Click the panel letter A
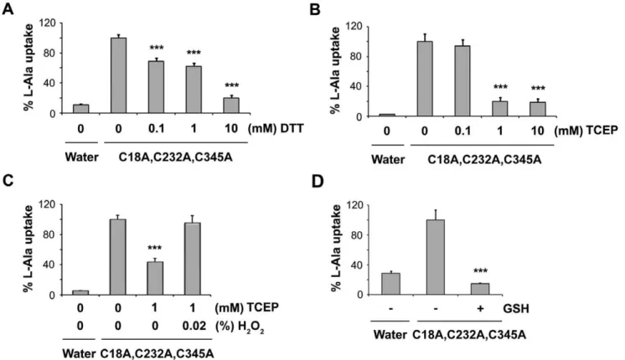coord(8,8)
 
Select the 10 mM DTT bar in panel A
coord(231,105)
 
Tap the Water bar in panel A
coord(80,109)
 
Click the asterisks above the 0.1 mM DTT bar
coord(157,49)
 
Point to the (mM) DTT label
coord(276,129)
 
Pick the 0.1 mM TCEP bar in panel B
coord(462,81)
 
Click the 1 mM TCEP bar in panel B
coord(500,109)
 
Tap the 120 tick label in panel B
coord(354,27)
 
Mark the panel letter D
coord(318,181)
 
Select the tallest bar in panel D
coord(436,257)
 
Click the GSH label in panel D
coord(516,309)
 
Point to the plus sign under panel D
coord(480,309)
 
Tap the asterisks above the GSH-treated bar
coord(480,271)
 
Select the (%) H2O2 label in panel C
coord(240,327)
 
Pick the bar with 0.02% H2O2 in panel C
coord(193,259)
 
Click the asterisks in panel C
coord(155,249)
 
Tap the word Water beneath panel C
coord(79,353)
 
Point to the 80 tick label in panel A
coord(51,53)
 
